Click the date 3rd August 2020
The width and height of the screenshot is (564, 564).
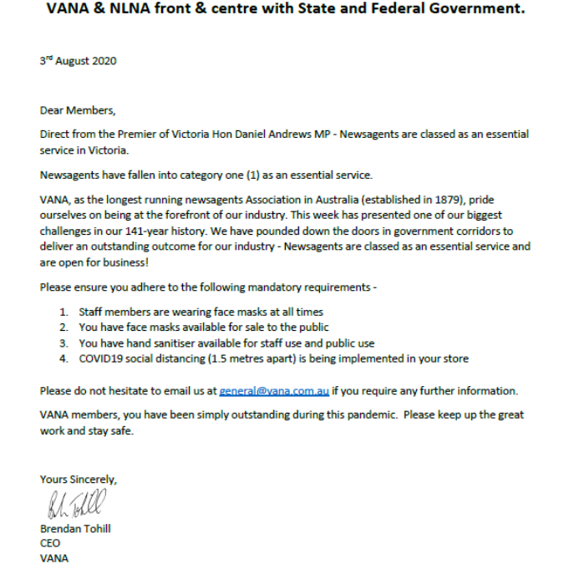pyautogui.click(x=78, y=61)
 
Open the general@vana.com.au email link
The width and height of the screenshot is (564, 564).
pyautogui.click(x=274, y=390)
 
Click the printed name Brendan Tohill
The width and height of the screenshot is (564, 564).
pyautogui.click(x=75, y=528)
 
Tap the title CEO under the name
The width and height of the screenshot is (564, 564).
pyautogui.click(x=50, y=543)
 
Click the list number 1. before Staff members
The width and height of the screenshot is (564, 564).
pyautogui.click(x=64, y=312)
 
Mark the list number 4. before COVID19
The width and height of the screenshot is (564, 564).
pyautogui.click(x=64, y=358)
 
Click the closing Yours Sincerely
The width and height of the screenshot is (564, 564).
pyautogui.click(x=79, y=480)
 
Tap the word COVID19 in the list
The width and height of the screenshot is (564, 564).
pyautogui.click(x=100, y=358)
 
